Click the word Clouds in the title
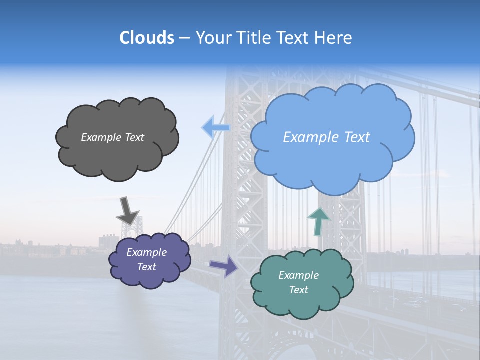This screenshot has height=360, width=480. point(146,38)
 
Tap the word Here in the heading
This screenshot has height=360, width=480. point(334,38)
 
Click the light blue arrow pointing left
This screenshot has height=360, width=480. point(215,128)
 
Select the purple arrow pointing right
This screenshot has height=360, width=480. point(223,266)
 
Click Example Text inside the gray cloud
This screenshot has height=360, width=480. point(112,137)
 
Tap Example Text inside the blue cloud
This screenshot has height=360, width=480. point(326,137)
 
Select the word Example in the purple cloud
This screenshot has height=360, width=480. point(146,252)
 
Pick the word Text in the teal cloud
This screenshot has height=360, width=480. point(298,290)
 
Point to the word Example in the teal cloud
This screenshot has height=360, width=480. point(298,275)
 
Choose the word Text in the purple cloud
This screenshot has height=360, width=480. point(146,267)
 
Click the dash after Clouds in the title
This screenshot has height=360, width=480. point(184,38)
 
